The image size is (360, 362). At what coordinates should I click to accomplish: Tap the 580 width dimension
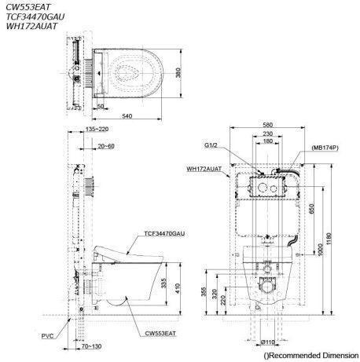(x=268, y=125)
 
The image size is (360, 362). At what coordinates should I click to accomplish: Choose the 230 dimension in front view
(x=268, y=133)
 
